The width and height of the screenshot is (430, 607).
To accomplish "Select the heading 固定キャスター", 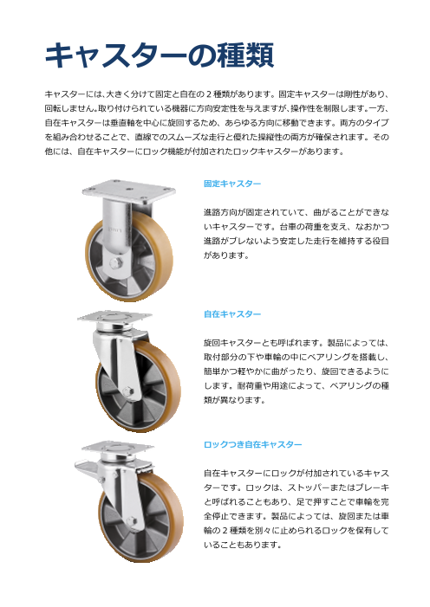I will tap(232, 185).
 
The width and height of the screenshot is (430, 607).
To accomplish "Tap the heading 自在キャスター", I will tap(232, 313).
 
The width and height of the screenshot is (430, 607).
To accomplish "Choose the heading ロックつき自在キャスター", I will tap(252, 444).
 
